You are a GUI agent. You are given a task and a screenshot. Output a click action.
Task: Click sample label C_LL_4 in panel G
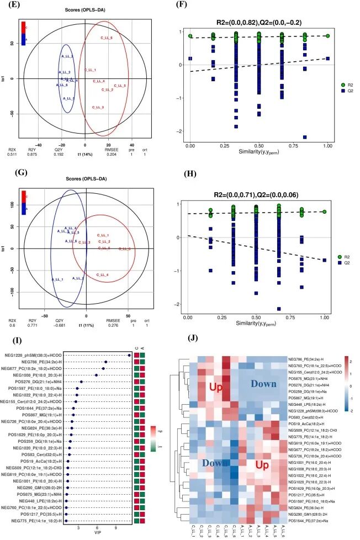pos(102,274)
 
